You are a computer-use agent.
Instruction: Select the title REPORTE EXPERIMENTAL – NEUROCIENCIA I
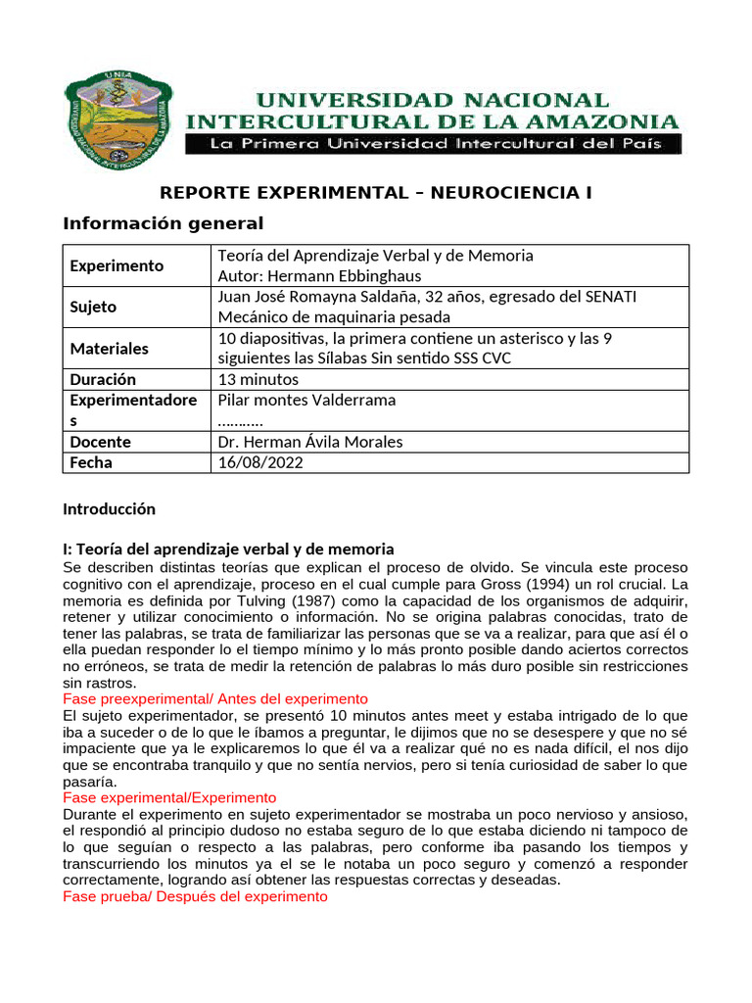click(376, 193)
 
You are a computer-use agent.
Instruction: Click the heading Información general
click(164, 223)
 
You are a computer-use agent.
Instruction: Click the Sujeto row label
click(93, 307)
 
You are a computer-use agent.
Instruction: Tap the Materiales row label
click(110, 348)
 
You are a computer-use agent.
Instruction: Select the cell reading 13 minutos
click(258, 379)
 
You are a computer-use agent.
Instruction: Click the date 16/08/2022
click(260, 462)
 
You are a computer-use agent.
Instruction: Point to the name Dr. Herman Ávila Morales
click(310, 442)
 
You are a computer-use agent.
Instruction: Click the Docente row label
click(100, 442)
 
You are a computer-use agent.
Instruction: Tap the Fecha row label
click(91, 462)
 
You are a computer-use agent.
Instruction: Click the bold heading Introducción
click(109, 509)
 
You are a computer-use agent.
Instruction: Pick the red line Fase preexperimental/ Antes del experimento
click(214, 698)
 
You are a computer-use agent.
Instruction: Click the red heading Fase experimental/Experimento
click(169, 797)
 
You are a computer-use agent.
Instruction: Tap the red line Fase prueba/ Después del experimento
click(195, 896)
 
